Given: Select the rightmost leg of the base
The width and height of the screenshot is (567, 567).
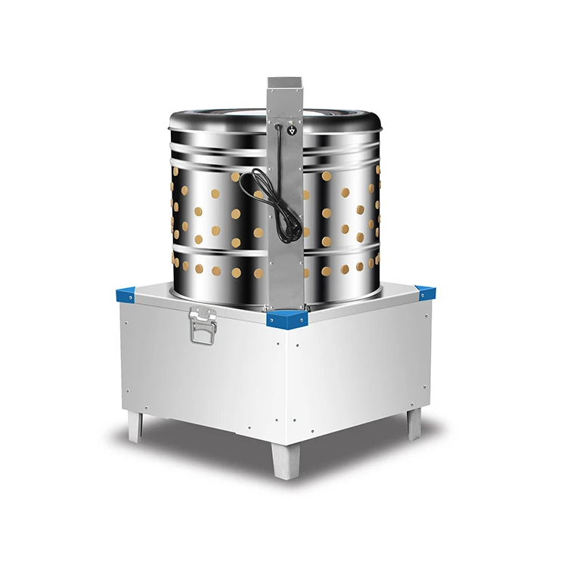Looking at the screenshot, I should [x=415, y=423].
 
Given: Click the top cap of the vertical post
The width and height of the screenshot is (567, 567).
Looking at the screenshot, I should [x=283, y=82].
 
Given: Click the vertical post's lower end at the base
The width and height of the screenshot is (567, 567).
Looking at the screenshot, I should [x=284, y=302].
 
